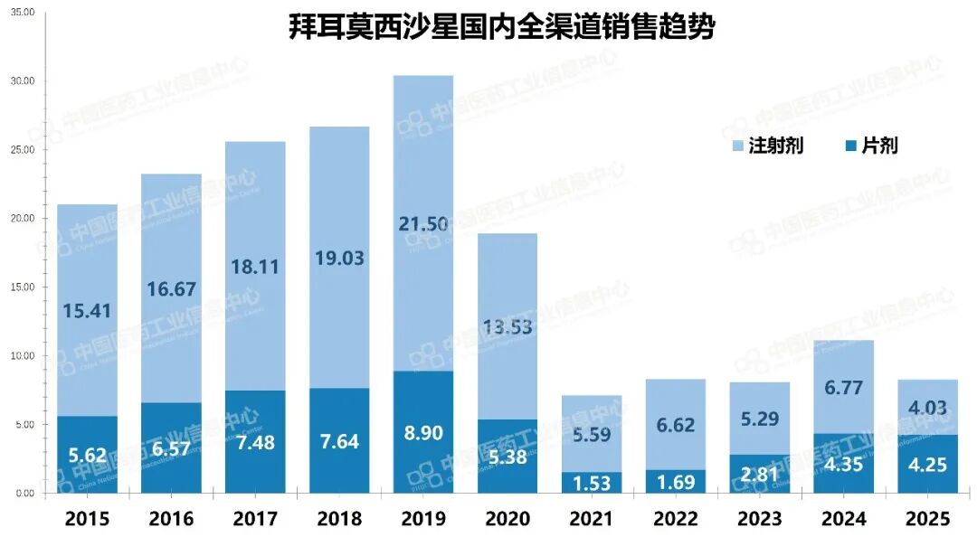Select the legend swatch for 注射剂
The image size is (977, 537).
(x=736, y=146)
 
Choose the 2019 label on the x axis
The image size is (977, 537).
(x=423, y=519)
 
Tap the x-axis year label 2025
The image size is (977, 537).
(x=927, y=519)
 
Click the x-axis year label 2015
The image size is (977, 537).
(x=87, y=519)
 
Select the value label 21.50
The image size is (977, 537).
(x=423, y=224)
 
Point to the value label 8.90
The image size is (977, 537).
(x=423, y=433)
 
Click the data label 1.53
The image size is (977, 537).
(x=592, y=483)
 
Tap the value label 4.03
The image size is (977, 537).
(x=927, y=409)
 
